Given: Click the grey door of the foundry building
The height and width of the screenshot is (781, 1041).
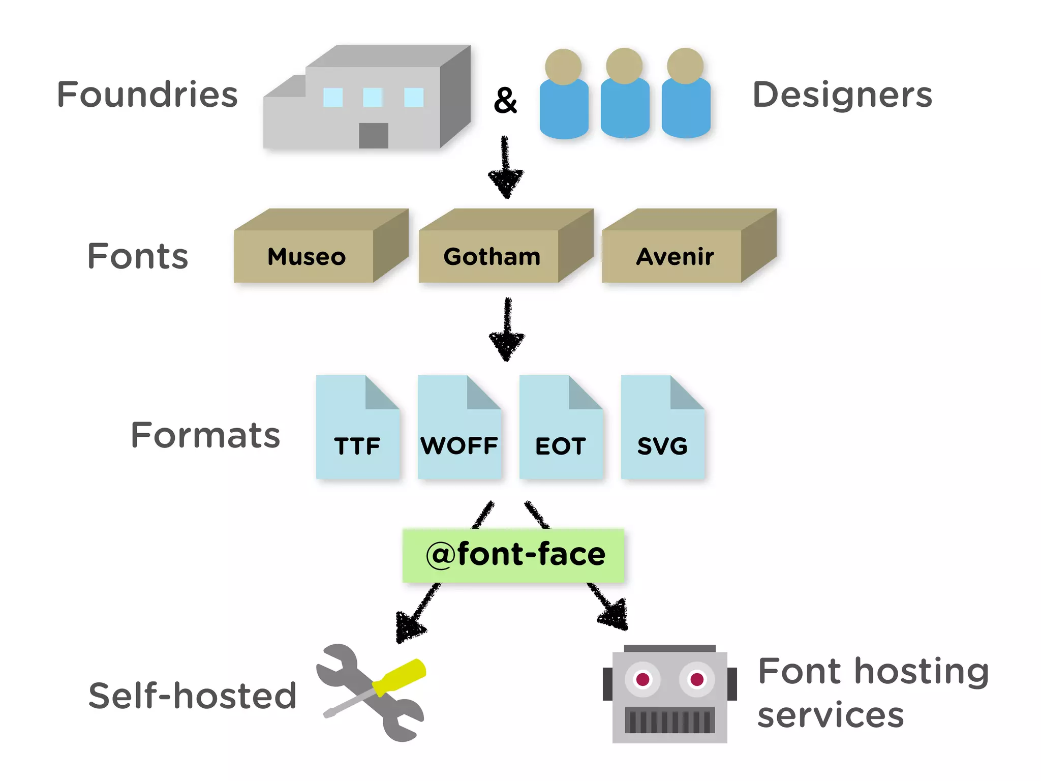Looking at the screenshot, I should (374, 135).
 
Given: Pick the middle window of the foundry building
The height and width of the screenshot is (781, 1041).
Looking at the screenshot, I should (373, 97).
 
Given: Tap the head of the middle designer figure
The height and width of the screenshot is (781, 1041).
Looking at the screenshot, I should (624, 66).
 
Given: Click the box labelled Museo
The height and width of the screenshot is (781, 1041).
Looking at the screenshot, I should (307, 256).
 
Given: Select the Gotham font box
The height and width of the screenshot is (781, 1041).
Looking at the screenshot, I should (492, 256).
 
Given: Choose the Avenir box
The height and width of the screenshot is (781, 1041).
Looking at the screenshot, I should (675, 256).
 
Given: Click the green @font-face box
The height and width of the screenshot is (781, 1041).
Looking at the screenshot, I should (513, 555).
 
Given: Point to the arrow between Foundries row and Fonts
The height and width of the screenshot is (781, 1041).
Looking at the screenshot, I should (505, 168).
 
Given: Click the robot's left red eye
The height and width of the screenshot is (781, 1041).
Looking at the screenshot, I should (642, 679).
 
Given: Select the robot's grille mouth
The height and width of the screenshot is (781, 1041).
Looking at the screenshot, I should (669, 720).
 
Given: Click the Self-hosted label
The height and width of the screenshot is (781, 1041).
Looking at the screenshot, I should (192, 696).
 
